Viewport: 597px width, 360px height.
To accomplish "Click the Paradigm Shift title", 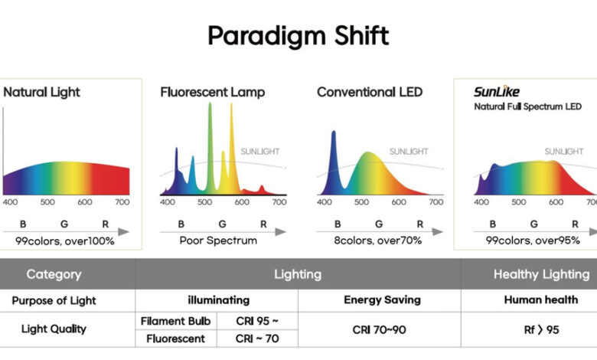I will pos(298,35).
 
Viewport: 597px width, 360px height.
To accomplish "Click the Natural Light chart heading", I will pos(42,93).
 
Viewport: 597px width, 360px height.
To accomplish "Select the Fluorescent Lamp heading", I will pos(213,93).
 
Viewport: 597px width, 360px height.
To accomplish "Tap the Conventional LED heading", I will pos(370,93).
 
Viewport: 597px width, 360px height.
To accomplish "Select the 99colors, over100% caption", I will pos(65,241).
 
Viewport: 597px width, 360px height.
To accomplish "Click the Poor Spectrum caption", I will pos(218,241).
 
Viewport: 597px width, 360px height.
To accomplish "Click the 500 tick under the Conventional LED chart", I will pos(361,202).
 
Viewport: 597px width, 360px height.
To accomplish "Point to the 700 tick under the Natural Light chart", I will pos(122,202).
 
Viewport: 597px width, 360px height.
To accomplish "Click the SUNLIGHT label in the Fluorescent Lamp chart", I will pos(261,152).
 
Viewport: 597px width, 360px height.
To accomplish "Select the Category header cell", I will pos(54,274).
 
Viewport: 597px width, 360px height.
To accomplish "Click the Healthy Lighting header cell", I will pos(541,274).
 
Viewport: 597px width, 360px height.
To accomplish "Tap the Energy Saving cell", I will pos(382,300).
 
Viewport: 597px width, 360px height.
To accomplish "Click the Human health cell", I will pos(540,300).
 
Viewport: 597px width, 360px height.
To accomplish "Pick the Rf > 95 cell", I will pos(540,329).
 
